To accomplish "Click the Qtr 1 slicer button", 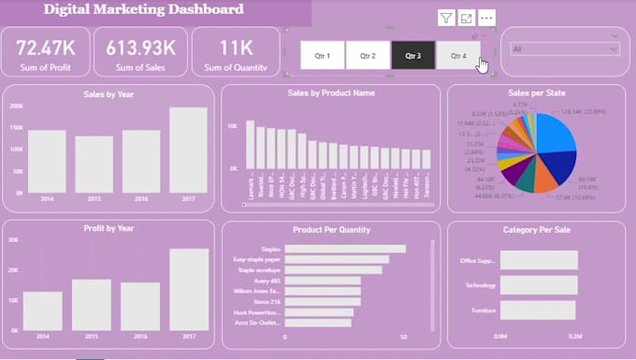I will [323, 55].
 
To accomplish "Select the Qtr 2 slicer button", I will [368, 55].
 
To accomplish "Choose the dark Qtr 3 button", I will [412, 55].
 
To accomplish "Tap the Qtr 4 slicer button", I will [457, 55].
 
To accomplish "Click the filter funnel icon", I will [446, 18].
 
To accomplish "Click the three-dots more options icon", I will [485, 18].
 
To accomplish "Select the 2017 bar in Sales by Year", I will [188, 150].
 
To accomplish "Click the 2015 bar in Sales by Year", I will [94, 165].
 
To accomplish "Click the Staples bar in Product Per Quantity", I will [344, 249].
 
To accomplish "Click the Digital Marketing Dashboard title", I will [144, 10].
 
